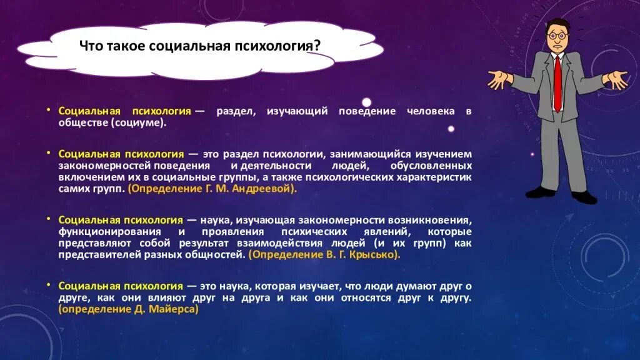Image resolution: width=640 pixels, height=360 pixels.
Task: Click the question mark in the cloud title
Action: click(319, 46)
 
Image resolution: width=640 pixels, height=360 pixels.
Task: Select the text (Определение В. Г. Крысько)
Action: click(324, 255)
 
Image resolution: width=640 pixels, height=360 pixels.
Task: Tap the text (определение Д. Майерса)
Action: click(128, 309)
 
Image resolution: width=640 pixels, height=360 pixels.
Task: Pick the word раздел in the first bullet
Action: click(234, 111)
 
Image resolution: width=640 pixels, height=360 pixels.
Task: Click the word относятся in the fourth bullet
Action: click(364, 297)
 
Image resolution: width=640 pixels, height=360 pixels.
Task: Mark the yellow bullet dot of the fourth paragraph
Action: click(48, 284)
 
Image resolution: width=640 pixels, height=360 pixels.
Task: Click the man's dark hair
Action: click(557, 24)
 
